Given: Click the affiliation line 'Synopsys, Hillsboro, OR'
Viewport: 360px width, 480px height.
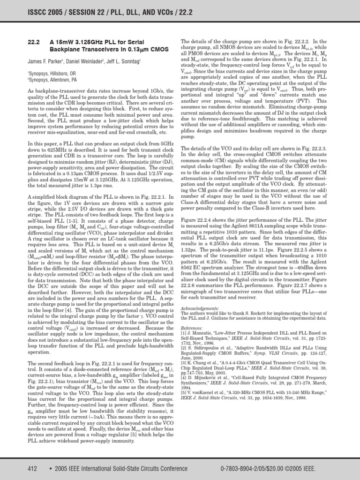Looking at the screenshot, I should (x=55, y=73).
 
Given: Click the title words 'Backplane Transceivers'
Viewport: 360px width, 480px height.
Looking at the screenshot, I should (x=81, y=48).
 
